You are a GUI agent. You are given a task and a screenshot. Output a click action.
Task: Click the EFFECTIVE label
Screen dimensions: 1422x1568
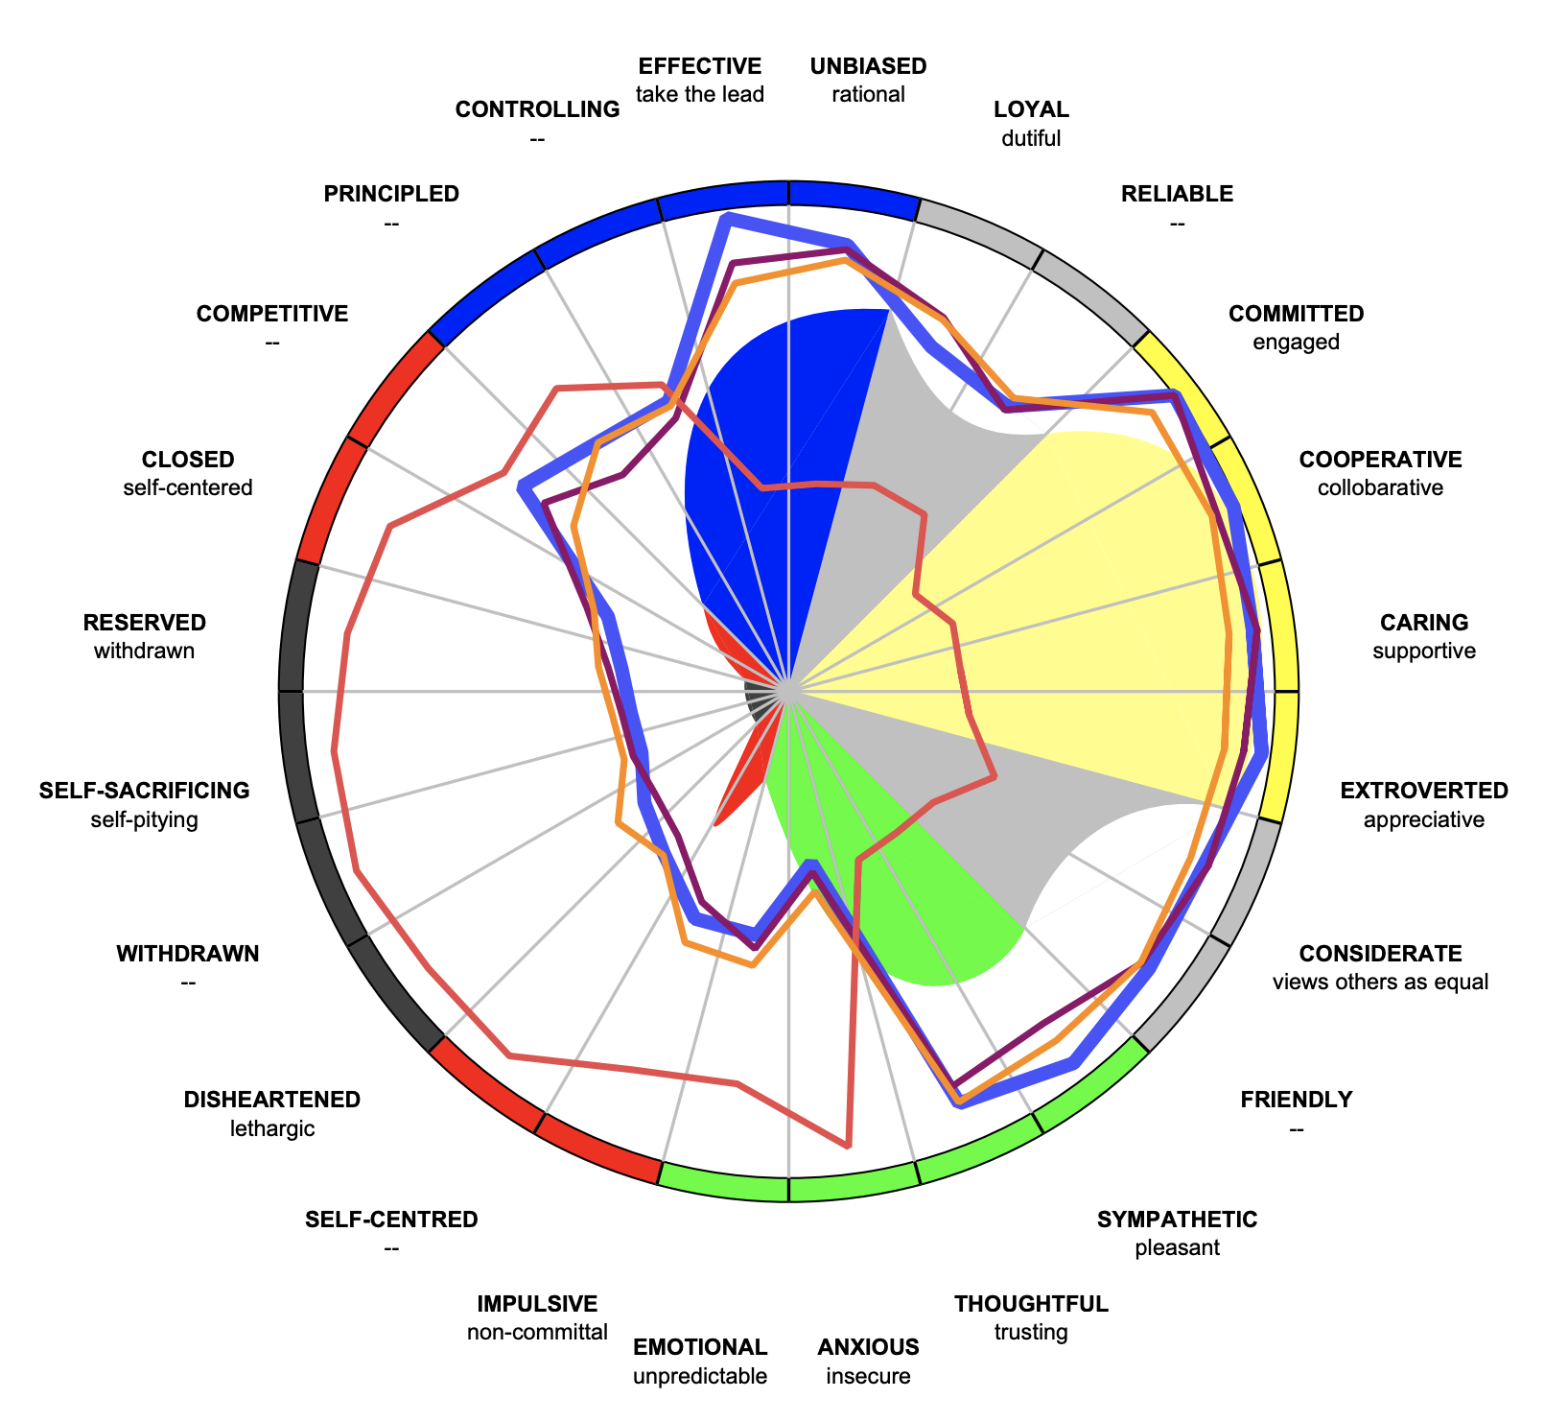coord(699,66)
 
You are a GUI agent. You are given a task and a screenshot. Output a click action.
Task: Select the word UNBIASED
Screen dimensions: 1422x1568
coord(868,66)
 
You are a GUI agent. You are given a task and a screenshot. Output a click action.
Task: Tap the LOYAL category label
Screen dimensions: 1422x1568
coord(1031,109)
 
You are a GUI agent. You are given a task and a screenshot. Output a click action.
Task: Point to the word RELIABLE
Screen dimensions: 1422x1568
coord(1177,194)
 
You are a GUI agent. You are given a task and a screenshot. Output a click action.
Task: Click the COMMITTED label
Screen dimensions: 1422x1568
coord(1296,314)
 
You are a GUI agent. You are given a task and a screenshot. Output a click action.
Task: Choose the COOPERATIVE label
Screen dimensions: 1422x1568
coord(1380,460)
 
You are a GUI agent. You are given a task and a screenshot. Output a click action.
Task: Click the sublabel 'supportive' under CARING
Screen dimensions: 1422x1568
coord(1423,652)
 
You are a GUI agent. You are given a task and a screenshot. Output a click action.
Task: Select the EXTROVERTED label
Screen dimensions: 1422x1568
coord(1423,791)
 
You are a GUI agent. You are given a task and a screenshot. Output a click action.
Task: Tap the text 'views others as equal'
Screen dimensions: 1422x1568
coord(1380,982)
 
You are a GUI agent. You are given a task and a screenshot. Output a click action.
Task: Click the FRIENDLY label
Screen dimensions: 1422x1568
coord(1296,1100)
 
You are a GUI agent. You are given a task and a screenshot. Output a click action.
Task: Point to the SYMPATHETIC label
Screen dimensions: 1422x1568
coord(1177,1220)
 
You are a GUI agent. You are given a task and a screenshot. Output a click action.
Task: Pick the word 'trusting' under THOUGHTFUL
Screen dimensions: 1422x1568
coord(1031,1332)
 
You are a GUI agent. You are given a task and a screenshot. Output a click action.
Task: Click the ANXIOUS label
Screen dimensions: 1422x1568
coord(868,1347)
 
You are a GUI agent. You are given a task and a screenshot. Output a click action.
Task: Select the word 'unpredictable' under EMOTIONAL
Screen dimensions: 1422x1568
coord(699,1376)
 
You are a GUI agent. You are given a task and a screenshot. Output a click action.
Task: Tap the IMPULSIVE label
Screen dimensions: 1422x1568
coord(537,1304)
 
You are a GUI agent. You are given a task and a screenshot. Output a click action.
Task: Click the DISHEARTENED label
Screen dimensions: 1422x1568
coord(272,1100)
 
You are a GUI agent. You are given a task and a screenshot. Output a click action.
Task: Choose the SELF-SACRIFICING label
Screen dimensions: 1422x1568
coord(145,791)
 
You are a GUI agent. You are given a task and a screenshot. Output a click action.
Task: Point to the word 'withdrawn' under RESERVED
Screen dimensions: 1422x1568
coord(145,652)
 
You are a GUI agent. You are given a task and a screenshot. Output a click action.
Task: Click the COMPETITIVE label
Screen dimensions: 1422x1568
coord(272,314)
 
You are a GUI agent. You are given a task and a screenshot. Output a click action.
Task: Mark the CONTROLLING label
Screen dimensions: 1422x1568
coord(537,109)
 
